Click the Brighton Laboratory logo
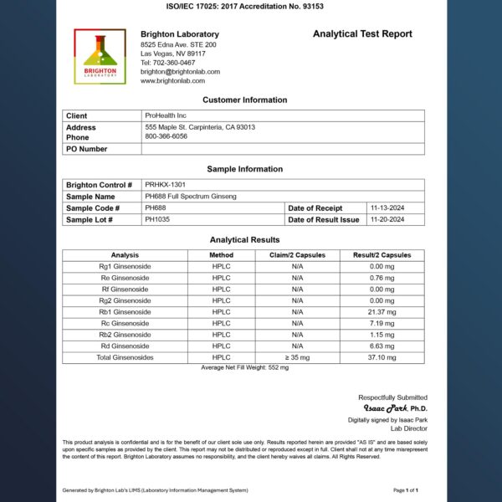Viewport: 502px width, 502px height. (100, 56)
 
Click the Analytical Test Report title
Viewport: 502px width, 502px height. (362, 34)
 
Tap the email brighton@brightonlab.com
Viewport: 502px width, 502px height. (180, 72)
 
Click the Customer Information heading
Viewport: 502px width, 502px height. (244, 100)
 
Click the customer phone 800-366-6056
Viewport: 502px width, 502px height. (166, 136)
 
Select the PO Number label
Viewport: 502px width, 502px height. (86, 149)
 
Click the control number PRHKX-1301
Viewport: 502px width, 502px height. (166, 185)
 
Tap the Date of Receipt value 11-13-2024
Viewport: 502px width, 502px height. (387, 207)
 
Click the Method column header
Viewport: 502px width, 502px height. (221, 255)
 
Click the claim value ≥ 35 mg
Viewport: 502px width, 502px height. (297, 357)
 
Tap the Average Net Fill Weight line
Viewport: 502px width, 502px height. (243, 367)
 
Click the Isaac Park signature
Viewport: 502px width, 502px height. (383, 408)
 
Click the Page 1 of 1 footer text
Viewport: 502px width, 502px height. (406, 489)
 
